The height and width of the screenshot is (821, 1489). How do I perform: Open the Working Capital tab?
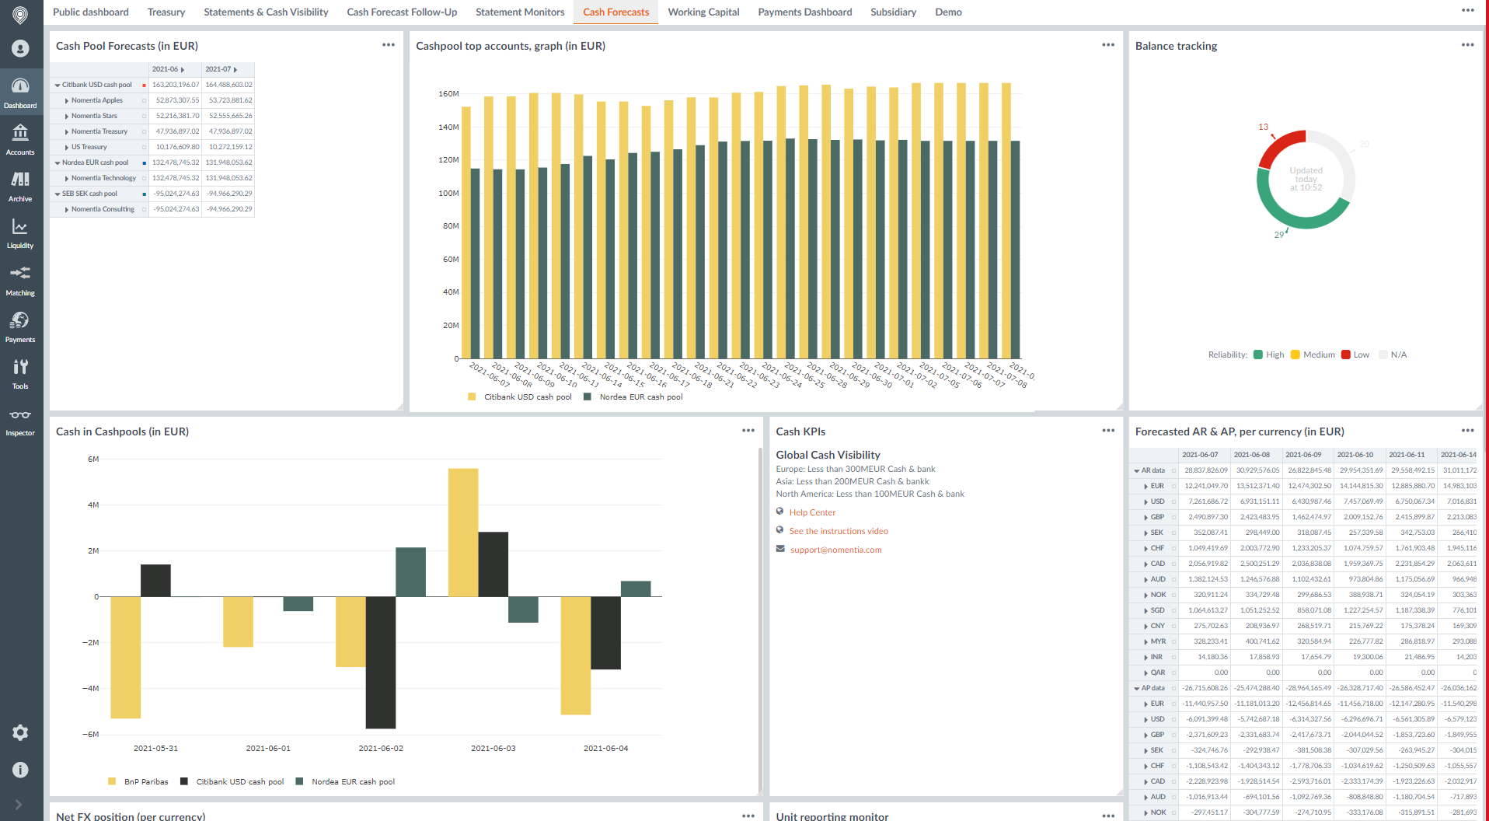703,12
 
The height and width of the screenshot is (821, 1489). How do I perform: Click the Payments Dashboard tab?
804,12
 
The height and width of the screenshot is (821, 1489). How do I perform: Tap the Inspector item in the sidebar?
20,421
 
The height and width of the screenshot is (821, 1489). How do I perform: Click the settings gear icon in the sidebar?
20,732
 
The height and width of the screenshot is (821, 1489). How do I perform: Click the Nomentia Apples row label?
97,100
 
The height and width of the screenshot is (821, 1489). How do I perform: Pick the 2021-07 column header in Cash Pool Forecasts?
218,69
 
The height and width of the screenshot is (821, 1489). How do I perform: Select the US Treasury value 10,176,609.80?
177,147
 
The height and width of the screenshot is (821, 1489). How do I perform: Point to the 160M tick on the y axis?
448,94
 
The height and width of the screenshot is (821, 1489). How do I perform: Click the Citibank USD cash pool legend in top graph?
527,397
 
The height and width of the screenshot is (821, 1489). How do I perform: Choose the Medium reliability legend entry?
1318,355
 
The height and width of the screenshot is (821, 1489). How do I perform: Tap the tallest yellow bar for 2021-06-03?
463,532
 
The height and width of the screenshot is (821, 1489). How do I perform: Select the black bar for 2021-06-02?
381,662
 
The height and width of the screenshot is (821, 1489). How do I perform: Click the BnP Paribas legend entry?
145,782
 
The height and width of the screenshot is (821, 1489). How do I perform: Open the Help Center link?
812,512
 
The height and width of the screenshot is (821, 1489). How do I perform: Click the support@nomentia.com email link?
835,550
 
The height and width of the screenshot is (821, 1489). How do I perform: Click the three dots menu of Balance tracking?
1467,45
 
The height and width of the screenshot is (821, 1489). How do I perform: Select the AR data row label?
1152,470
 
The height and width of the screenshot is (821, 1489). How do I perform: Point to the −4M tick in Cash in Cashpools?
91,689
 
